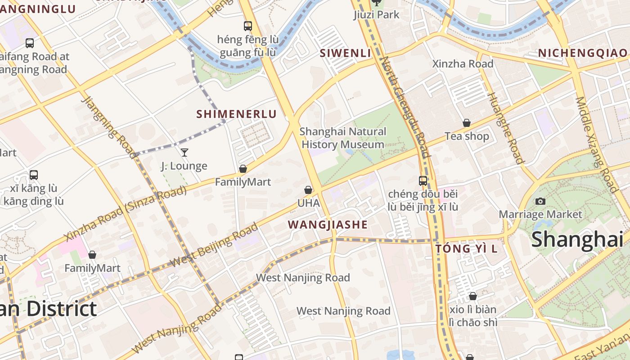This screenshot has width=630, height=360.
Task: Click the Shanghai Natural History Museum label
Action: pyautogui.click(x=342, y=138)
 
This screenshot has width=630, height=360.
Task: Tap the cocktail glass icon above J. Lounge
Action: pyautogui.click(x=184, y=153)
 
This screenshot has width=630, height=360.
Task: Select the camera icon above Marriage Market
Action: pyautogui.click(x=540, y=201)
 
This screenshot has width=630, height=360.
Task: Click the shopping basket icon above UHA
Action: pyautogui.click(x=308, y=190)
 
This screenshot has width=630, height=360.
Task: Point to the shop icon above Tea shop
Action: pyautogui.click(x=467, y=123)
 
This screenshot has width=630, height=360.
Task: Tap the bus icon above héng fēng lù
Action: pyautogui.click(x=248, y=26)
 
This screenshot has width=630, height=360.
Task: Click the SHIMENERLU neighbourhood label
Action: pyautogui.click(x=236, y=114)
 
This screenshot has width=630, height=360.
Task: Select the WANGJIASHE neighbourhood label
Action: pyautogui.click(x=328, y=225)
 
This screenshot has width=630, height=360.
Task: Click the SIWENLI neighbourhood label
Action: pyautogui.click(x=345, y=53)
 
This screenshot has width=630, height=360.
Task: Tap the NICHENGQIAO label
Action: pyautogui.click(x=582, y=53)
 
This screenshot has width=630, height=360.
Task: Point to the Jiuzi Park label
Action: pyautogui.click(x=376, y=15)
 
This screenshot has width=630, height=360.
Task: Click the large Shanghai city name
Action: pyautogui.click(x=577, y=239)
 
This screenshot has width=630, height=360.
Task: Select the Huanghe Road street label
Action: pyautogui.click(x=507, y=128)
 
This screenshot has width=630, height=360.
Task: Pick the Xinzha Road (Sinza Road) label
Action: pyautogui.click(x=125, y=214)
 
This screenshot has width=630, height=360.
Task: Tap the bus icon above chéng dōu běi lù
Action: pyautogui.click(x=423, y=181)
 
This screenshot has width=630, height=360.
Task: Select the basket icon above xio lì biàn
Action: pyautogui.click(x=472, y=296)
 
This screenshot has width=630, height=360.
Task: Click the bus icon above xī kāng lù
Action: pyautogui.click(x=33, y=175)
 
